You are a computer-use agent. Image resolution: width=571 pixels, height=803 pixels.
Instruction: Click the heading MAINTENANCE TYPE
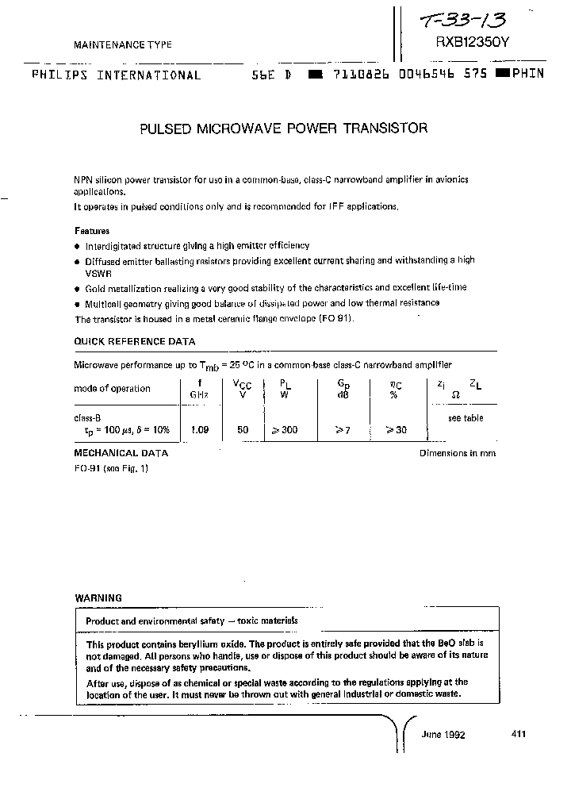coord(123,46)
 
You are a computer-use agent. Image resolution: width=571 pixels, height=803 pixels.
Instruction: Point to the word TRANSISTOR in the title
coord(386,128)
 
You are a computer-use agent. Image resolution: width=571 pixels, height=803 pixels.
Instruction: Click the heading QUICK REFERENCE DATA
coord(134,341)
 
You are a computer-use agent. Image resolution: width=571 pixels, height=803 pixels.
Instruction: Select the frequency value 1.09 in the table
coord(199,429)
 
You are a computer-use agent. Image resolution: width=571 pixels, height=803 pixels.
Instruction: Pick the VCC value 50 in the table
coord(243,429)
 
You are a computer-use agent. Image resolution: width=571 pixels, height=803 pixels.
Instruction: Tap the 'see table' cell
coord(465,418)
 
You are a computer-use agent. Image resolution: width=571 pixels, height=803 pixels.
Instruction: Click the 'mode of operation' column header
coord(112,388)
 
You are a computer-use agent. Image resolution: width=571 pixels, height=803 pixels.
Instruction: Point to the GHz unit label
coord(199,394)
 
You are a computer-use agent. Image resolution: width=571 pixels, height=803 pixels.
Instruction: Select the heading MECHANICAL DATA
coord(121,453)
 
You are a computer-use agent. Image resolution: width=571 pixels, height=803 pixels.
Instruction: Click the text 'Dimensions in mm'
coord(458,453)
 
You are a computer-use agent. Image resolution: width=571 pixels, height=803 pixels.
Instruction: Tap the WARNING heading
coord(98,597)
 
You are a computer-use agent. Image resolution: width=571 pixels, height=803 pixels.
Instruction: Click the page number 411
coord(519,734)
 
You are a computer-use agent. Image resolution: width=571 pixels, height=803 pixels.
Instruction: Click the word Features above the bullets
coord(92,231)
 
